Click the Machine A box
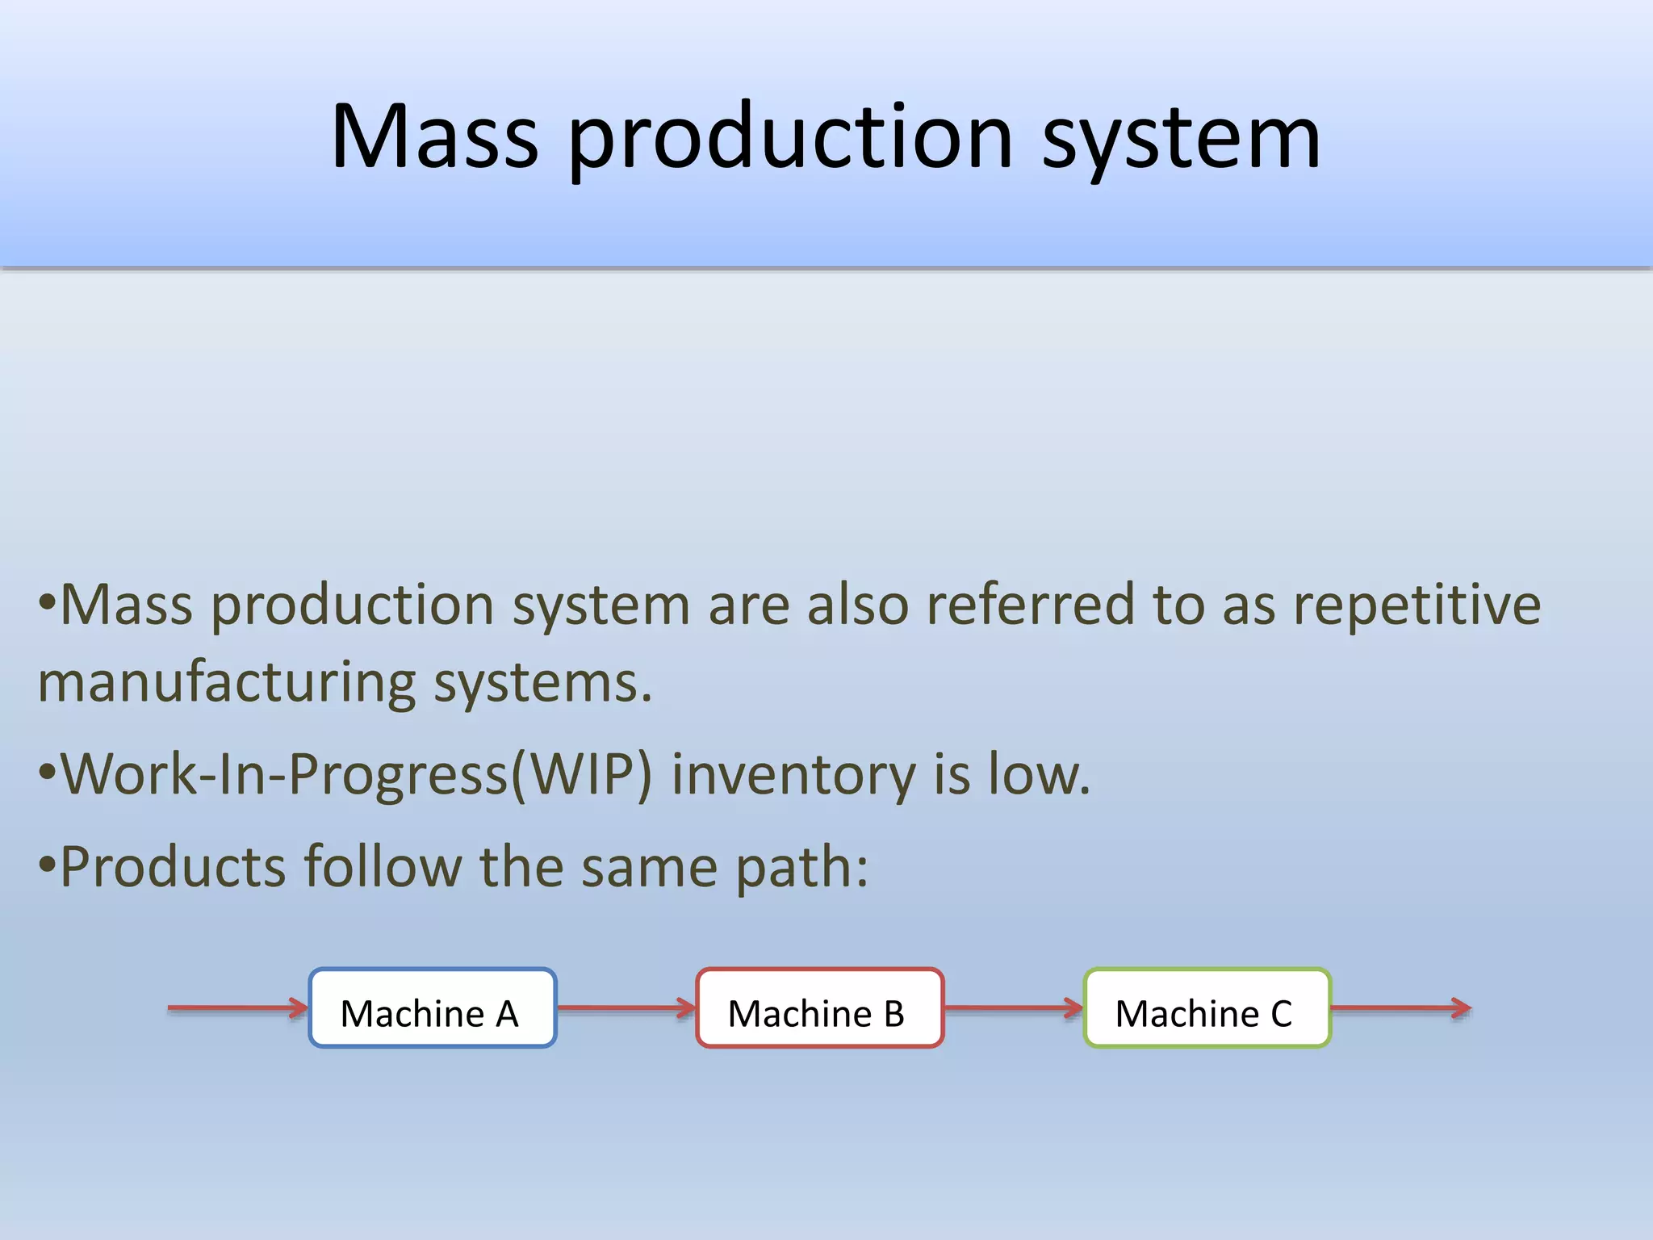point(433,1008)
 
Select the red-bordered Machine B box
point(819,1008)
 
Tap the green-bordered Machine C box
point(1207,1008)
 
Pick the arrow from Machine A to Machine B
point(626,1007)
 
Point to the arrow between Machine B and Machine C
point(1013,1007)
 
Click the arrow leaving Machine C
point(1400,1007)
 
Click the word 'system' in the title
point(1181,137)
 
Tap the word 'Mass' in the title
point(434,137)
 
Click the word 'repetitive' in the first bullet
point(1417,605)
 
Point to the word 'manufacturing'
point(226,683)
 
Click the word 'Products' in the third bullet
point(174,866)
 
